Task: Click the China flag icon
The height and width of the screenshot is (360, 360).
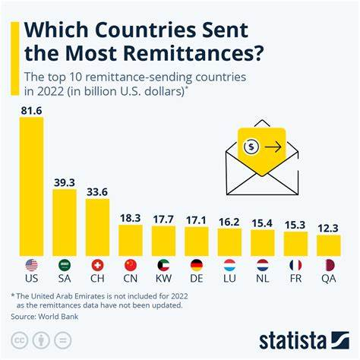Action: [x=131, y=265]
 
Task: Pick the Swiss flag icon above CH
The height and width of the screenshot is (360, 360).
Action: [x=97, y=265]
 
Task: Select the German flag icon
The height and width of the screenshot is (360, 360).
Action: [x=196, y=265]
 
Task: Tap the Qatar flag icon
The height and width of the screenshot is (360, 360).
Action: [x=327, y=265]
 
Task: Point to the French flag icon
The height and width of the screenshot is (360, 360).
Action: [x=295, y=265]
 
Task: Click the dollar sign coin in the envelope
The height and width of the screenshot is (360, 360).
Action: [x=251, y=147]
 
